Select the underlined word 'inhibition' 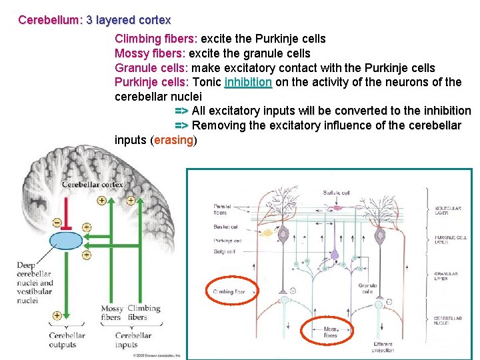(x=248, y=82)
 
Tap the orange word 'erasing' (x=174, y=140)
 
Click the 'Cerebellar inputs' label (x=133, y=339)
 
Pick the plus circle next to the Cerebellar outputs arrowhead (x=57, y=316)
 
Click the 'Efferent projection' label (x=383, y=347)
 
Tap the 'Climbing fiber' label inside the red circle (x=229, y=291)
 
